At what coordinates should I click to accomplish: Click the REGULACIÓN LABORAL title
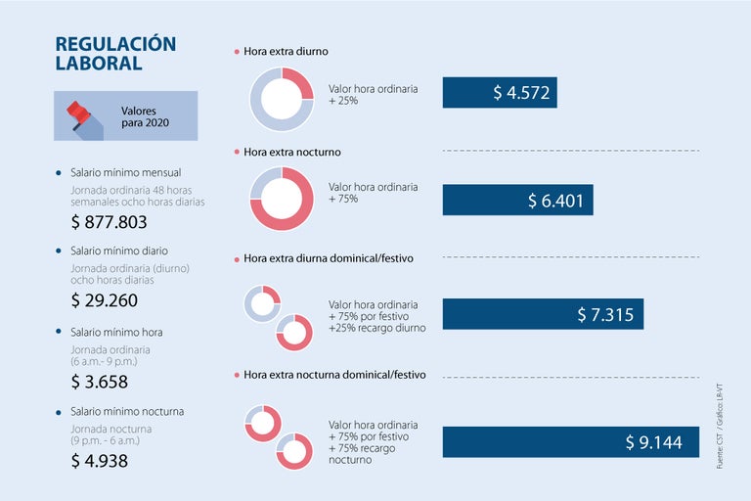click(115, 54)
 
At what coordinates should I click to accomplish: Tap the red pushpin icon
click(78, 115)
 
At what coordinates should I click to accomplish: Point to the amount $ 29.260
click(104, 300)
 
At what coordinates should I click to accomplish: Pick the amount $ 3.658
click(99, 382)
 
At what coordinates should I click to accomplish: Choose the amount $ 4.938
click(99, 461)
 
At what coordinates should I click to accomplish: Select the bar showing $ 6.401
click(517, 200)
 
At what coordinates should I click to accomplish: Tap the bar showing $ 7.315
click(543, 314)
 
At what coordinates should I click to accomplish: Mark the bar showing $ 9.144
click(570, 442)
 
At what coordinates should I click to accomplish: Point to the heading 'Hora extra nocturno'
click(291, 153)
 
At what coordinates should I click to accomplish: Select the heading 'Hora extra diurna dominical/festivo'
click(328, 258)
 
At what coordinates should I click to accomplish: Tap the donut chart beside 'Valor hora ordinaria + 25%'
click(282, 99)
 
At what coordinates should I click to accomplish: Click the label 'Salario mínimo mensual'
click(125, 172)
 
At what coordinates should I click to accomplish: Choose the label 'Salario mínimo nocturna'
click(127, 411)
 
